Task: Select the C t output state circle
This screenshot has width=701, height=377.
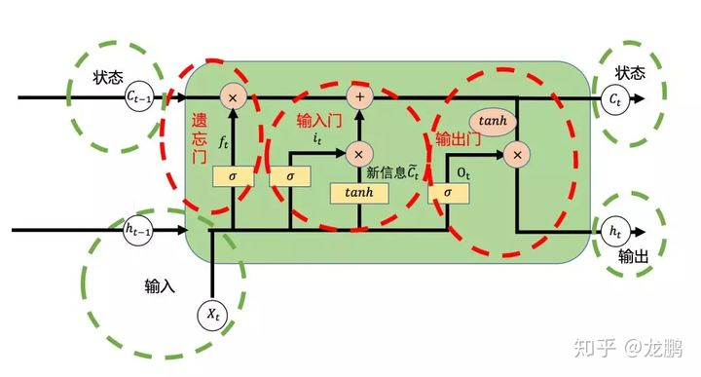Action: [614, 99]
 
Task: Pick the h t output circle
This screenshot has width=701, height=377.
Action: [614, 233]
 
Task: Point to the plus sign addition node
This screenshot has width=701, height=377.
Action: [359, 96]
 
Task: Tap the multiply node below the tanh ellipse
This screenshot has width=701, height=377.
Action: [518, 153]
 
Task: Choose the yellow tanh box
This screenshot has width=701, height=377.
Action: [359, 192]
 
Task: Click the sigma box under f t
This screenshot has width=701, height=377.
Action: [233, 176]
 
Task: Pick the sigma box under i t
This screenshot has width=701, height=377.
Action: [289, 176]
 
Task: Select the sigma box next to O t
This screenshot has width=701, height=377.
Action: [447, 192]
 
